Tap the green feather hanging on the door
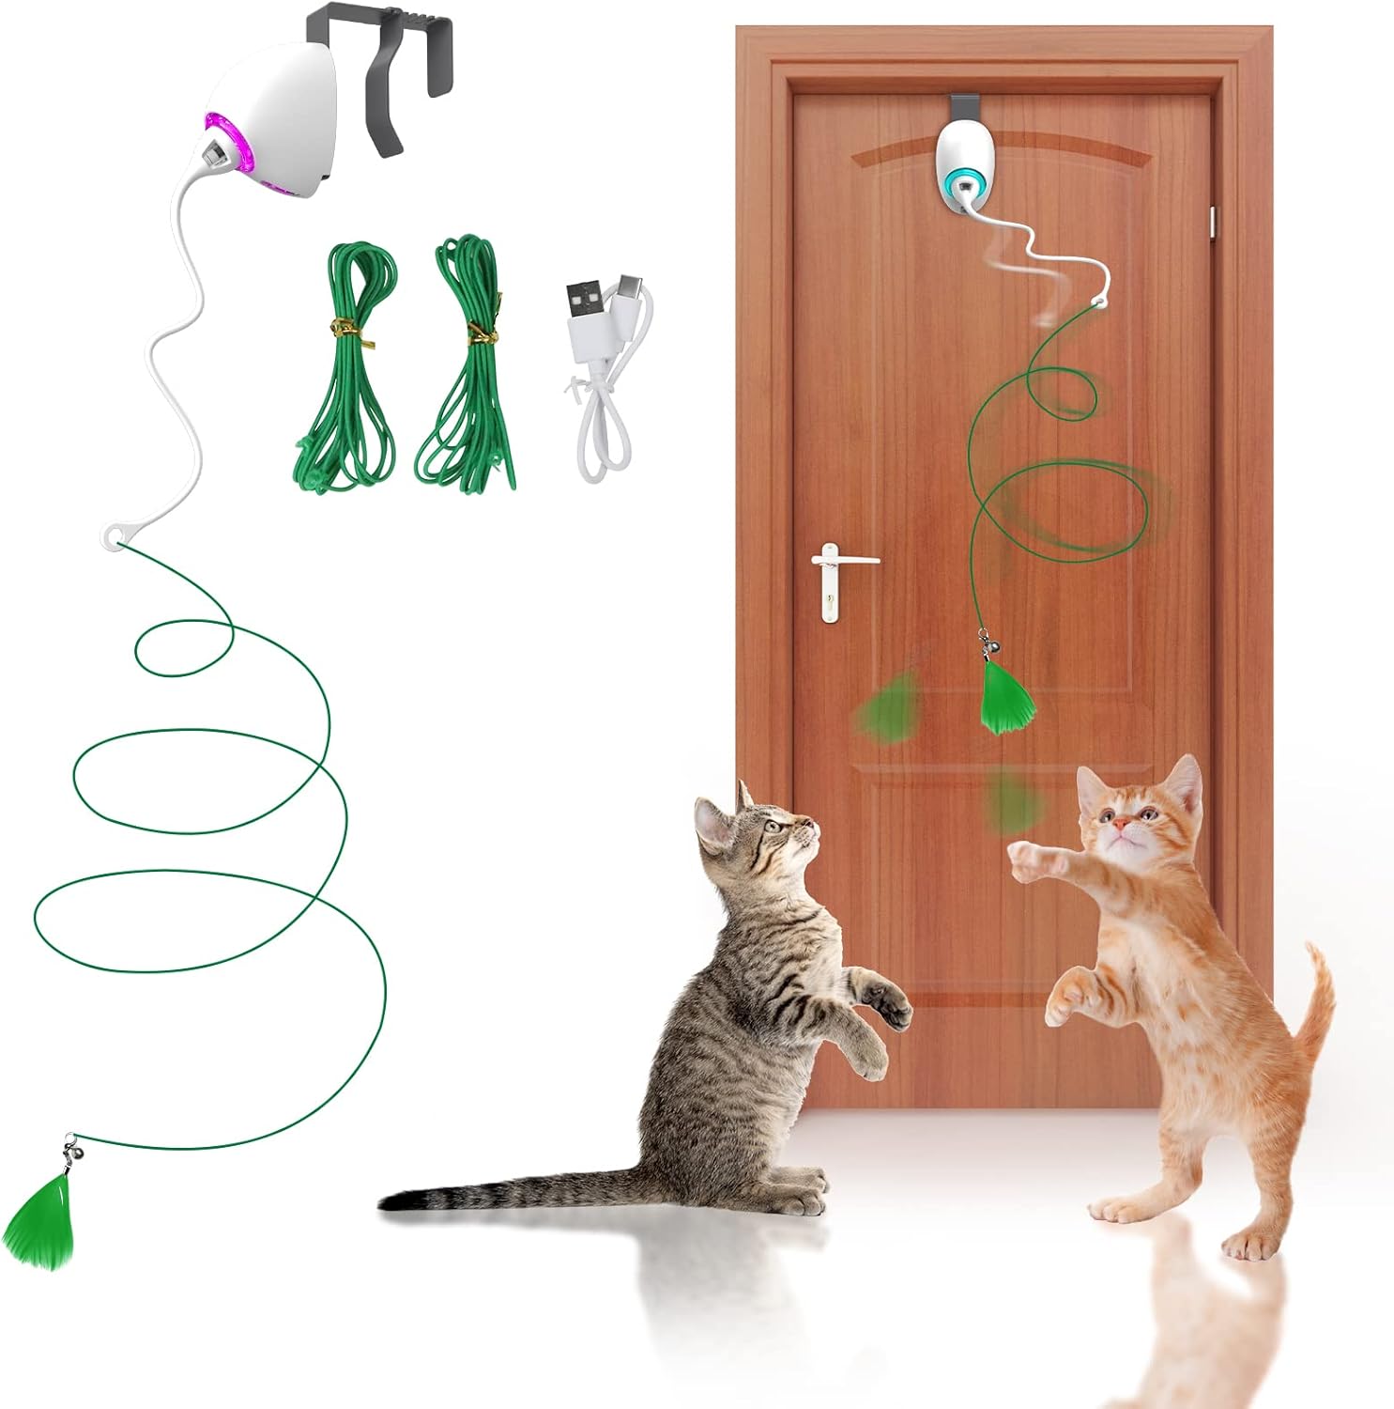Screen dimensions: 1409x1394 pos(1007,697)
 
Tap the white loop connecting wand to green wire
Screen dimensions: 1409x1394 pos(114,538)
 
